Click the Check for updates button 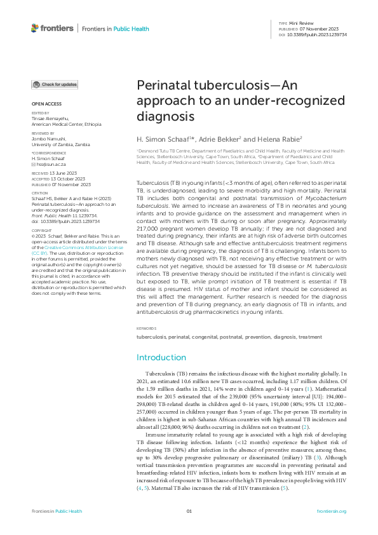pyautogui.click(x=55, y=84)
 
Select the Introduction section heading pyautogui.click(x=161, y=358)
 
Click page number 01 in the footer pyautogui.click(x=189, y=511)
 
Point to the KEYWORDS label pyautogui.click(x=146, y=328)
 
